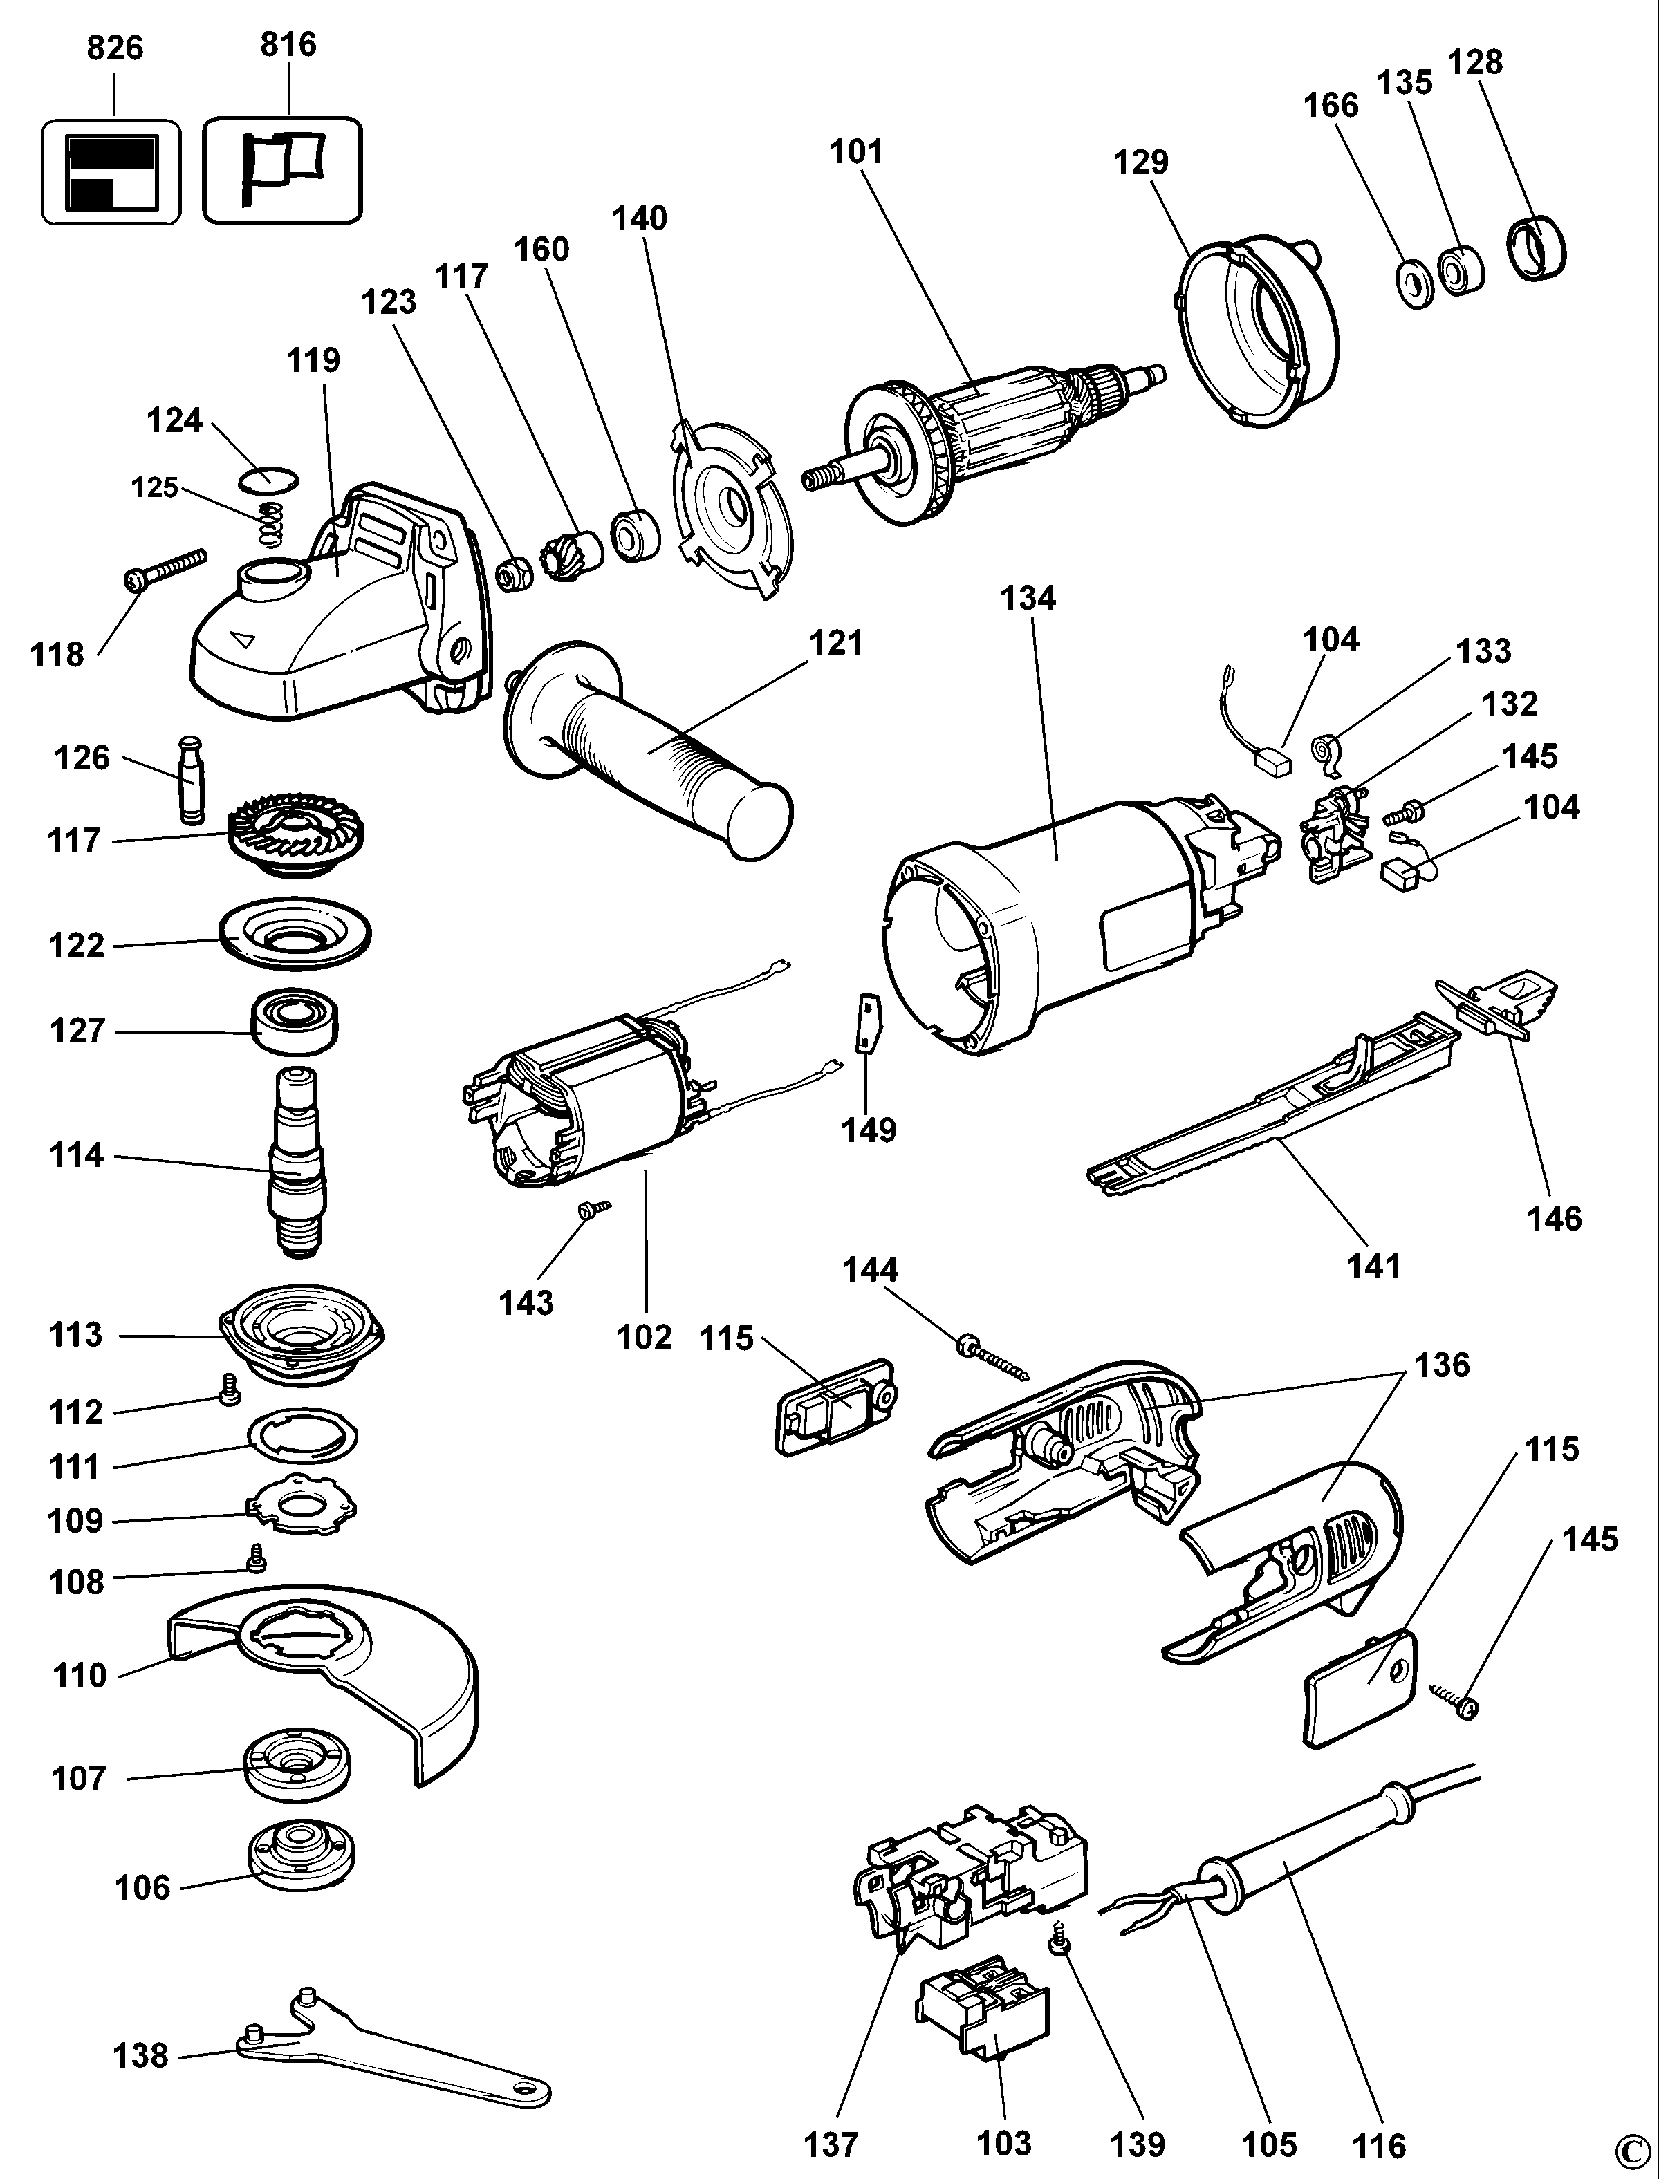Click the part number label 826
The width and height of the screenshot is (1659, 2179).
(x=115, y=48)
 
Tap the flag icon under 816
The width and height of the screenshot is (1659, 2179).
(x=281, y=170)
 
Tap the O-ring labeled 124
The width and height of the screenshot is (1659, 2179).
(x=268, y=479)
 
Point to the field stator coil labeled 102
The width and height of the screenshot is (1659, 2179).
(x=583, y=1106)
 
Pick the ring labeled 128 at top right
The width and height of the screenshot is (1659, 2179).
(x=1537, y=249)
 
